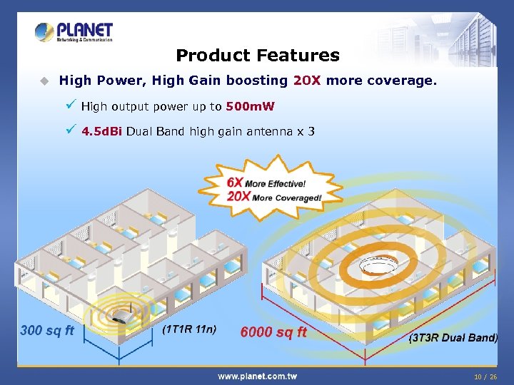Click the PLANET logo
click(x=74, y=32)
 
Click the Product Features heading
click(x=257, y=55)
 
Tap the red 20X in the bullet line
click(x=307, y=81)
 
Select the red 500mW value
click(x=250, y=107)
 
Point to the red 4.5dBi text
click(x=102, y=132)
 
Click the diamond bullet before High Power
click(x=44, y=81)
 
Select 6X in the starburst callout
click(x=235, y=183)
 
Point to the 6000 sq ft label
click(x=273, y=332)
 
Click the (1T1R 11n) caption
click(x=190, y=329)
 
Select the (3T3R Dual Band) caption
click(x=453, y=337)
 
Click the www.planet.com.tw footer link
click(x=257, y=376)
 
